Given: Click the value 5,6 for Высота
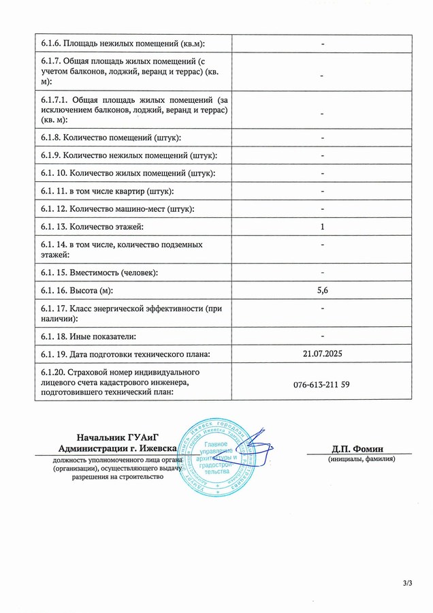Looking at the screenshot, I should (322, 291).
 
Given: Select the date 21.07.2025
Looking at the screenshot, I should (322, 353).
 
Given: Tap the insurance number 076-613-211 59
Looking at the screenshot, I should (322, 385).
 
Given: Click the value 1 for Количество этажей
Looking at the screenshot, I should (322, 227).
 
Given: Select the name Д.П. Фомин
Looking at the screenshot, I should (357, 449).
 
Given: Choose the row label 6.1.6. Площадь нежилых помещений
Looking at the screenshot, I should (123, 44).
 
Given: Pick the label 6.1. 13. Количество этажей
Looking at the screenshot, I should (101, 227).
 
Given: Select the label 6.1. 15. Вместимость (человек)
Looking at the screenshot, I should (108, 273).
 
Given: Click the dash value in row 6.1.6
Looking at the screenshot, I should (322, 44).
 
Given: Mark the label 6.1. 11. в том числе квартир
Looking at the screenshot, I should (107, 191).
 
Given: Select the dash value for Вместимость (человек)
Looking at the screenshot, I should (322, 273).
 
